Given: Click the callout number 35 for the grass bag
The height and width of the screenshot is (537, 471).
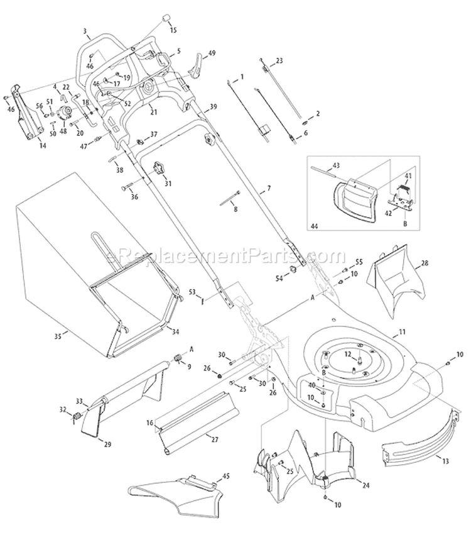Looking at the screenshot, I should pos(57,337).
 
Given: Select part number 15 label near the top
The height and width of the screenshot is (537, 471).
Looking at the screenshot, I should pos(173,30).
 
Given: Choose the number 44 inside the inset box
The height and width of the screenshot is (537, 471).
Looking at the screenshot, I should pos(315,224).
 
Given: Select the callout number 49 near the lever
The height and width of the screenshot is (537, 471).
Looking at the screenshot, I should pos(212,53).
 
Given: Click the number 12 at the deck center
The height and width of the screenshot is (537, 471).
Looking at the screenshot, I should pos(347,354).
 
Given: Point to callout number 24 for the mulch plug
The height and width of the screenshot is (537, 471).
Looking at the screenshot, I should pos(367,484).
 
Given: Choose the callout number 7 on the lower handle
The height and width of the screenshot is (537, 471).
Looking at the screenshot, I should pos(268,189).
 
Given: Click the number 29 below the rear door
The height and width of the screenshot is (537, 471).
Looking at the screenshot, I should pos(107,445).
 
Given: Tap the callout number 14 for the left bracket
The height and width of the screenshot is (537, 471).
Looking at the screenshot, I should pos(43,145).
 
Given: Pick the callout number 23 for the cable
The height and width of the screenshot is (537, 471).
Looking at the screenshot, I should pos(279,60).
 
